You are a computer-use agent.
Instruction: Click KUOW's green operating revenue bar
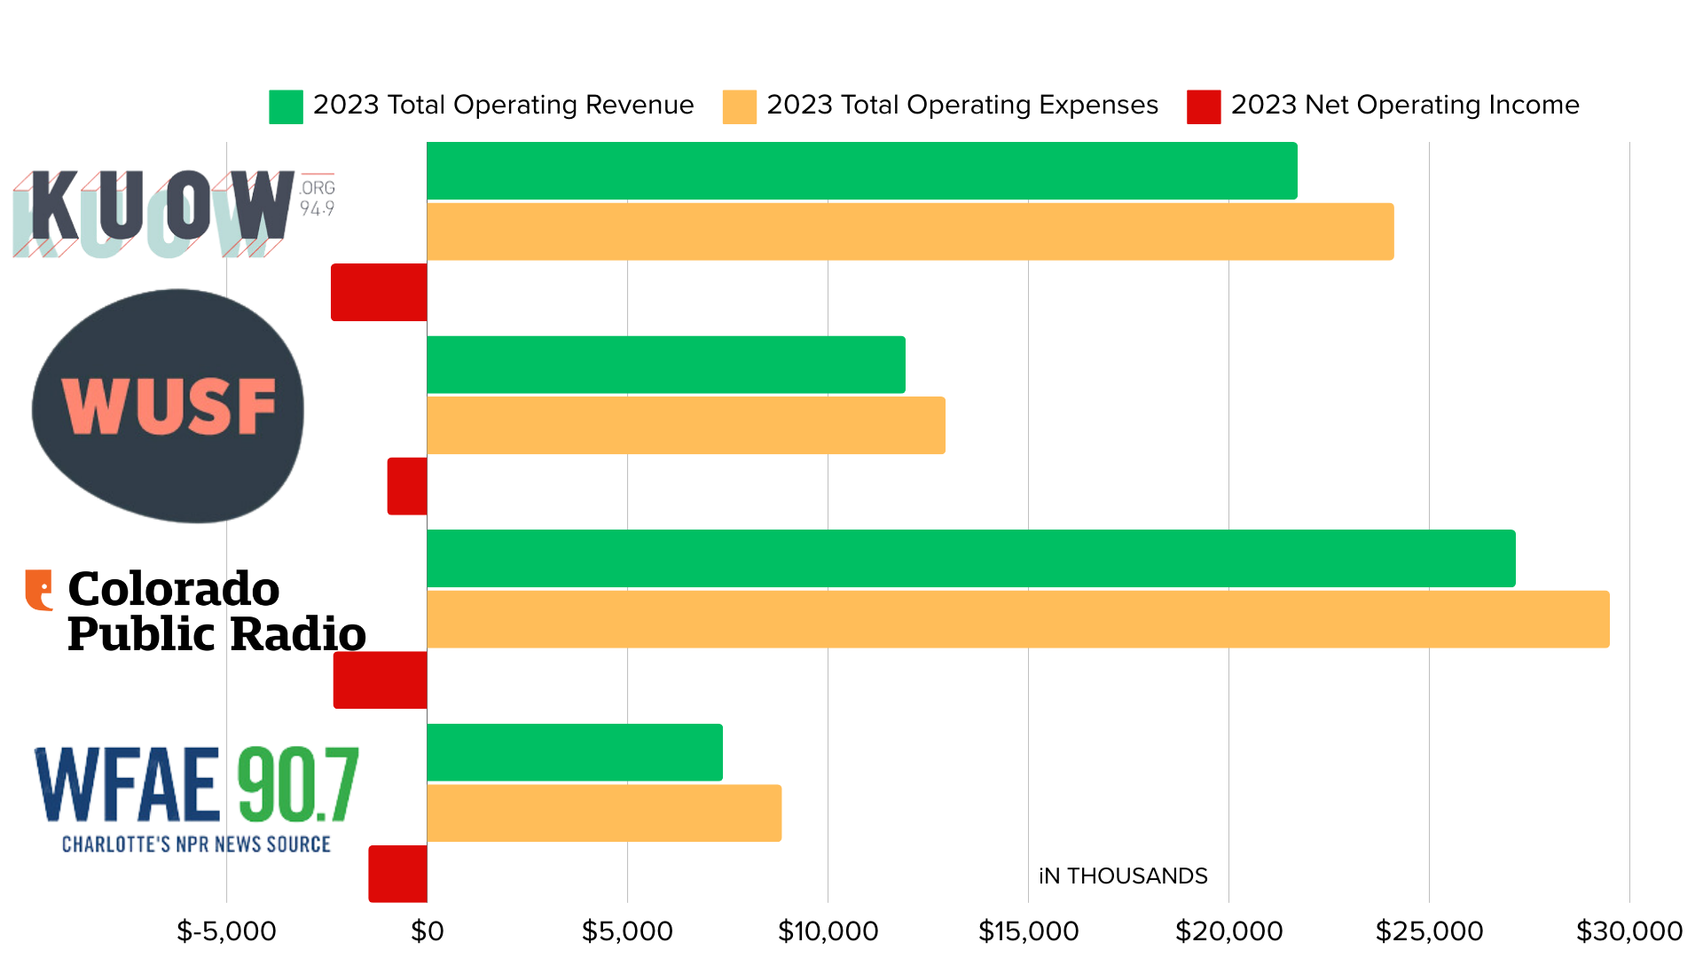pos(861,170)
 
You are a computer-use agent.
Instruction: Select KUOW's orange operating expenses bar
pos(910,232)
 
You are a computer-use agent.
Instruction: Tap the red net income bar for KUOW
pos(379,292)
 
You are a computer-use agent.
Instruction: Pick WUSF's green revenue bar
pos(665,365)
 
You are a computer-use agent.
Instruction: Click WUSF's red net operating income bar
pos(407,486)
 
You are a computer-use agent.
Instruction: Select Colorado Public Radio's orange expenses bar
pos(1017,619)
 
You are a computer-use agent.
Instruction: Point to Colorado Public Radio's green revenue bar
pos(970,558)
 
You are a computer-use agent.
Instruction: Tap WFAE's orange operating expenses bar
pos(603,813)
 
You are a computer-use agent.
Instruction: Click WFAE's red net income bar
pos(397,874)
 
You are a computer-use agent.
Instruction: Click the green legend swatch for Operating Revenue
pos(286,106)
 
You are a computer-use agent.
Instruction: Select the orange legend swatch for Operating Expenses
pos(739,106)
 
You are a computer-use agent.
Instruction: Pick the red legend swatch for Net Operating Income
pos(1203,106)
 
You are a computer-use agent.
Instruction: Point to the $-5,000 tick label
pos(226,931)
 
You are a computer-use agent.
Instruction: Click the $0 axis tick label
pos(427,931)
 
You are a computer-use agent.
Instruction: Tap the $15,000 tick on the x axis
pos(1028,931)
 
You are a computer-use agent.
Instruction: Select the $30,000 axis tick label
pos(1628,931)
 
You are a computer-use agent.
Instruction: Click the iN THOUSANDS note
pos(1122,876)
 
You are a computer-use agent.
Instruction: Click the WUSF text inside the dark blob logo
pos(169,406)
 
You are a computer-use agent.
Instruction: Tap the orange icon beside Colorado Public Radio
pos(39,590)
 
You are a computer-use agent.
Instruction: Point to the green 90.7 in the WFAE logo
pos(297,785)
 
